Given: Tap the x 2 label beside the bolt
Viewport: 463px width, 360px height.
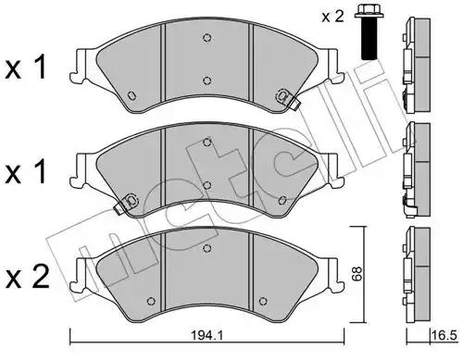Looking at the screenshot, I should click(332, 17).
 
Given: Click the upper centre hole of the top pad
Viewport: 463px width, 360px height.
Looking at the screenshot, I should click(206, 38).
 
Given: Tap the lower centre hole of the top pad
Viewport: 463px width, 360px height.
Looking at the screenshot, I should click(206, 81).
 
